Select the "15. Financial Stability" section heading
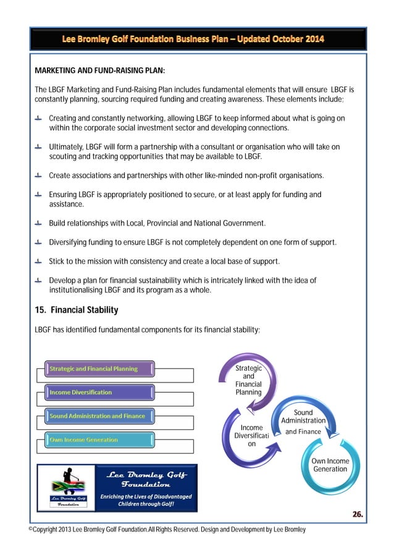tap(77, 310)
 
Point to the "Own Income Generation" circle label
tap(330, 465)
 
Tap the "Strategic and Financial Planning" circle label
tap(248, 380)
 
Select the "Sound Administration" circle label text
tap(303, 416)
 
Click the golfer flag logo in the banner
tap(67, 488)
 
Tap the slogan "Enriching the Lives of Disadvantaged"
tap(146, 496)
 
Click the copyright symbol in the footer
tap(31, 530)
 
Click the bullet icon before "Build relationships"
tap(39, 222)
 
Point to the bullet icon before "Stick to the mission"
tap(39, 261)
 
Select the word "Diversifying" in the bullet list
tap(69, 242)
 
